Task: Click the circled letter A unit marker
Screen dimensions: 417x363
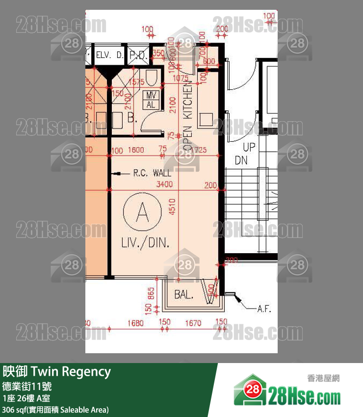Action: tap(142, 213)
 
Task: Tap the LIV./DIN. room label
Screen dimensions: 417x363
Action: tap(146, 242)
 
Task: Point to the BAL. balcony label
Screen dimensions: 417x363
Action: tap(184, 295)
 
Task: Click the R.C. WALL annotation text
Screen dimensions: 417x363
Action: tap(152, 173)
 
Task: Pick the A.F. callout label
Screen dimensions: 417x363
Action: tap(264, 309)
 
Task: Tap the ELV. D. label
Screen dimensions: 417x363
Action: tap(110, 55)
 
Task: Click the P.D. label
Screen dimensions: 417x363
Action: tap(139, 55)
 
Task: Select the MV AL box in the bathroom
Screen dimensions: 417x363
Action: tap(151, 100)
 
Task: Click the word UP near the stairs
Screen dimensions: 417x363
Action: tap(249, 147)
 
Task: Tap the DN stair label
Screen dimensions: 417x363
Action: tap(241, 160)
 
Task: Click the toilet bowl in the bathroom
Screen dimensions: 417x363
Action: tap(151, 76)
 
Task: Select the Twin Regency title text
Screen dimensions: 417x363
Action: tap(57, 372)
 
